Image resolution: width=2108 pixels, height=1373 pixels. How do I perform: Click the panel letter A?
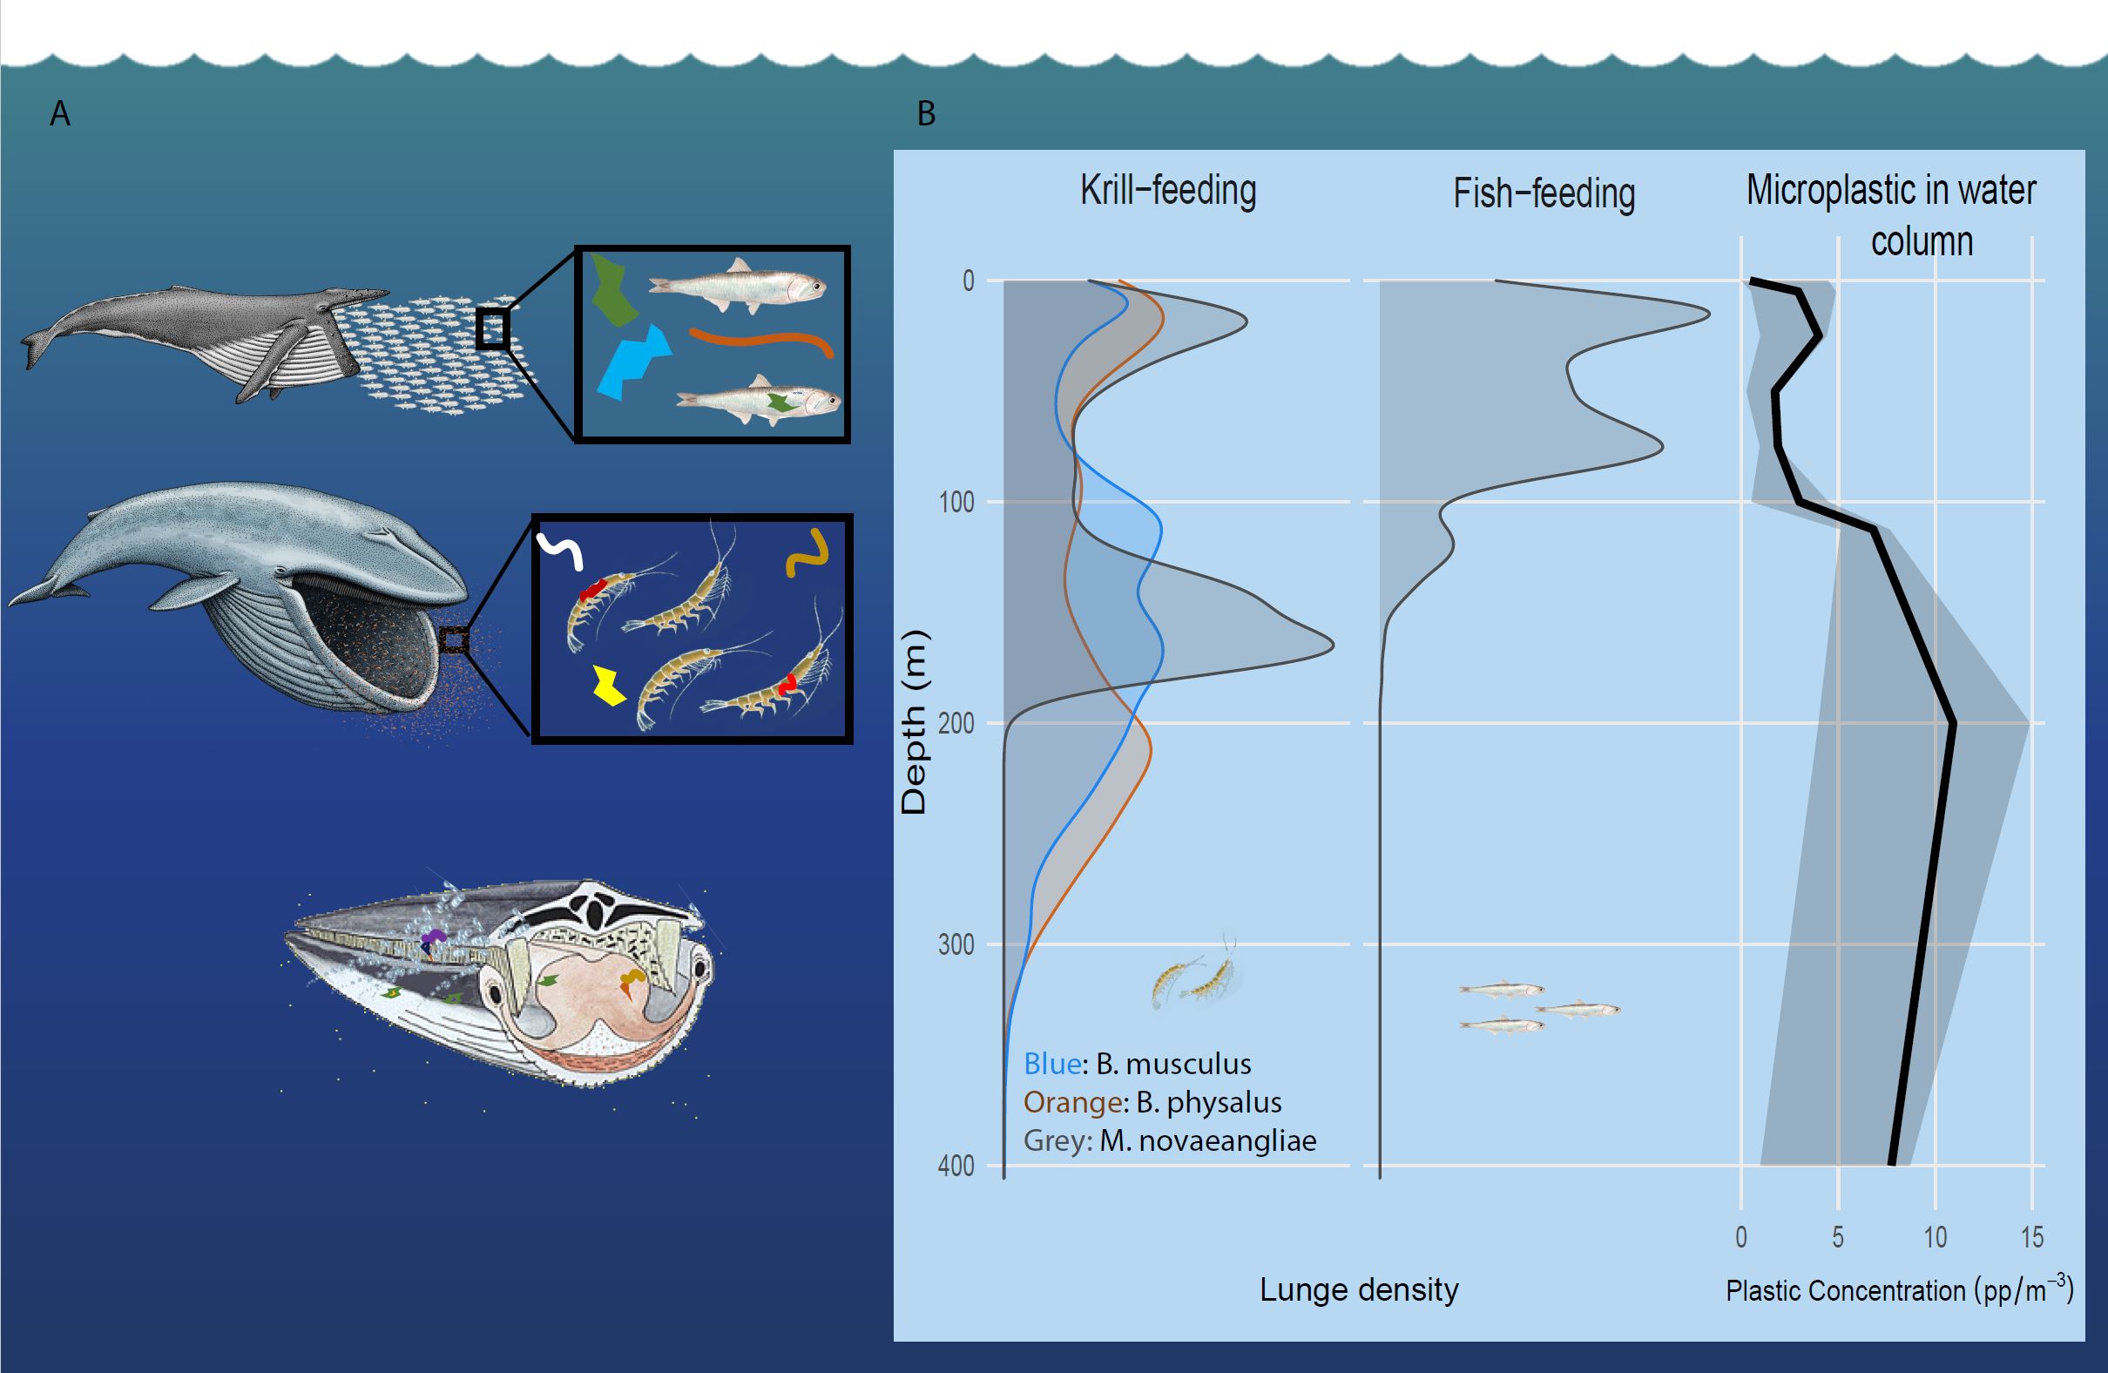pyautogui.click(x=59, y=113)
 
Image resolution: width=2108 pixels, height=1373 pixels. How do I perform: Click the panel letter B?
pyautogui.click(x=926, y=113)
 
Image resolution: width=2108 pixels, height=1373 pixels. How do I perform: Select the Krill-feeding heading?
pyautogui.click(x=1167, y=191)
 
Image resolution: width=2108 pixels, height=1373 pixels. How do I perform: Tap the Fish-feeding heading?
pyautogui.click(x=1544, y=194)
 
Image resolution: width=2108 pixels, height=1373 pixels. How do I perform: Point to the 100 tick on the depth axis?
pyautogui.click(x=956, y=503)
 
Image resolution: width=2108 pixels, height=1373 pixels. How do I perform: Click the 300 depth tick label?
pyautogui.click(x=956, y=944)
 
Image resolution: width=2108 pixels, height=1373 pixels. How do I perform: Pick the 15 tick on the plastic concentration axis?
pyautogui.click(x=2032, y=1237)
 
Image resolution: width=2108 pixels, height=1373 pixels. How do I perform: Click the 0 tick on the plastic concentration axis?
pyautogui.click(x=1741, y=1237)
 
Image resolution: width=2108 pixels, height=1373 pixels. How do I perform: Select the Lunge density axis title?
pyautogui.click(x=1359, y=1289)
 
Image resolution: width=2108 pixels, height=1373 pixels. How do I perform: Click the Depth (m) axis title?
pyautogui.click(x=914, y=722)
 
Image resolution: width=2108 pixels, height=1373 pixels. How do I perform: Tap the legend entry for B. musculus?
pyautogui.click(x=1138, y=1063)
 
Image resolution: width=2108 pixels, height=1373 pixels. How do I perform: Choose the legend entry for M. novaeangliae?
pyautogui.click(x=1169, y=1140)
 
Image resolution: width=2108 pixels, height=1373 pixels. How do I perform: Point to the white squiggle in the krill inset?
pyautogui.click(x=560, y=550)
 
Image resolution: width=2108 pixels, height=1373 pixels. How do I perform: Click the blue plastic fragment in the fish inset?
pyautogui.click(x=634, y=363)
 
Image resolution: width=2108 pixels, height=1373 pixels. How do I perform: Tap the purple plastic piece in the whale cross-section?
pyautogui.click(x=432, y=937)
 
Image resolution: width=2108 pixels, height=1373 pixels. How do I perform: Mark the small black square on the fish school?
pyautogui.click(x=492, y=328)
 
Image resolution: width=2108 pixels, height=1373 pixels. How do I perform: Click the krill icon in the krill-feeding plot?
pyautogui.click(x=1196, y=979)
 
